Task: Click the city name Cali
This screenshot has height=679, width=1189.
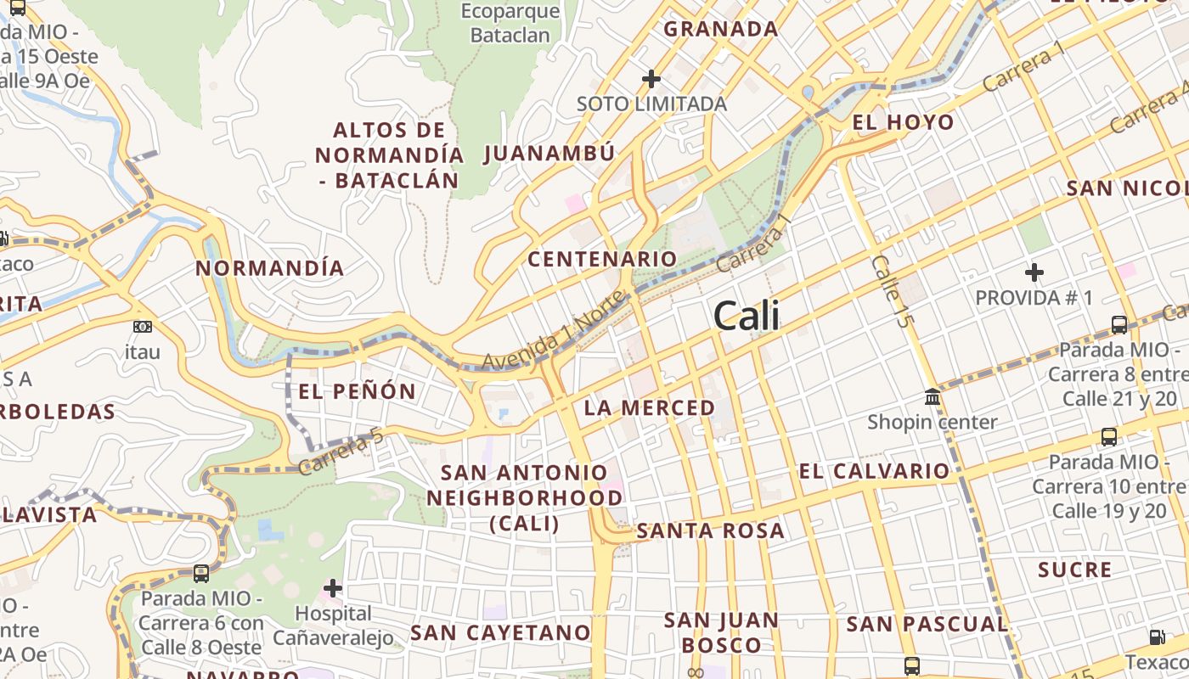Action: pos(747,316)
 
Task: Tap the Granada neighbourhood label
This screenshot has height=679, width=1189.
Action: pos(720,29)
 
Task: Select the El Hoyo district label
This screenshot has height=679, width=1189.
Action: pos(903,122)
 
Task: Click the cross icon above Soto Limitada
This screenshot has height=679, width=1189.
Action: pos(651,79)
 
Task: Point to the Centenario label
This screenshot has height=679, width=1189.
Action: pos(602,259)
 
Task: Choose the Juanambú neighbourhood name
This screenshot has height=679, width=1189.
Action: pos(549,154)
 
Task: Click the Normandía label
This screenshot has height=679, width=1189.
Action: pos(270,268)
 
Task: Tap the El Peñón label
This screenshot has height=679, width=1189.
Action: pos(357,391)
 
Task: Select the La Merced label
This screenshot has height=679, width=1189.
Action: pos(650,407)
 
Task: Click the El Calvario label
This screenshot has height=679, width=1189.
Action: pos(874,471)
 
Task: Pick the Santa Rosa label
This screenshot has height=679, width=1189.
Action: pos(710,531)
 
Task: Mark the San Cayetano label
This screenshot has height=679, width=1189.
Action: pos(500,632)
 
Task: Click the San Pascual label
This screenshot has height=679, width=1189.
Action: pos(927,625)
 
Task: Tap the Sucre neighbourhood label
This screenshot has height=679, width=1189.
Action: pos(1074,570)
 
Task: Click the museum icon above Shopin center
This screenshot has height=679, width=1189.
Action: pos(933,396)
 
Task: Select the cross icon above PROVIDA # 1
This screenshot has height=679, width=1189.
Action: pos(1034,272)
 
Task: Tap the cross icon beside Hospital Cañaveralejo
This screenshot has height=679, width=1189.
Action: pos(333,587)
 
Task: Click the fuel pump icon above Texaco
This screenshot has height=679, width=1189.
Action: pos(1157,637)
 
